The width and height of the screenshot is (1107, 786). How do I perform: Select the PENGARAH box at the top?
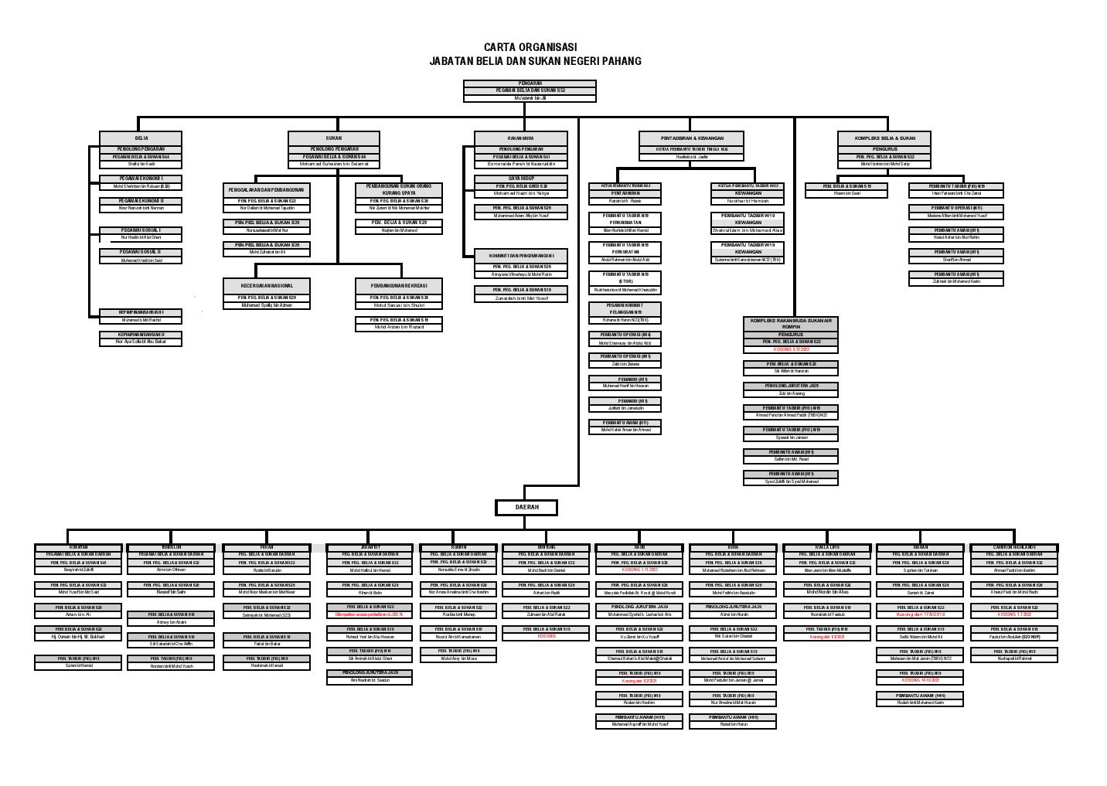tap(530, 83)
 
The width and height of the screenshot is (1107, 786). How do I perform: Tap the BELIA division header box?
tap(141, 138)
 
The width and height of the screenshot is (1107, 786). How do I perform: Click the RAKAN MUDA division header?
tap(521, 138)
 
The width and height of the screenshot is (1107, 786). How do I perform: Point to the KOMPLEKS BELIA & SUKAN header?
tap(884, 138)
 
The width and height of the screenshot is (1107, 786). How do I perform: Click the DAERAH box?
tap(526, 507)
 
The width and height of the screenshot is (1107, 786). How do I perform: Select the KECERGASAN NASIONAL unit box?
tap(267, 285)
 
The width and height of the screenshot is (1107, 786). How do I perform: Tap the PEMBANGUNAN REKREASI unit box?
tap(399, 285)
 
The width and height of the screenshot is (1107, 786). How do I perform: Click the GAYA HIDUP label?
tap(521, 179)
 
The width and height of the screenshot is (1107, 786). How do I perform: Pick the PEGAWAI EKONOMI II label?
tap(141, 201)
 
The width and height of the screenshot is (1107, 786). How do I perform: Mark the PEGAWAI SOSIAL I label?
tap(141, 230)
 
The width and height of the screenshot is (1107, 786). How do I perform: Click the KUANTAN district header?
tap(78, 547)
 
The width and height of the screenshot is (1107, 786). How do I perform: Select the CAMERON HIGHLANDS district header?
tap(1013, 547)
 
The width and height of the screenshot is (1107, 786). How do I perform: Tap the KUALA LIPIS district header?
tap(828, 547)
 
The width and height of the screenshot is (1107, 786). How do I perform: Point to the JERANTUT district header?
tap(369, 547)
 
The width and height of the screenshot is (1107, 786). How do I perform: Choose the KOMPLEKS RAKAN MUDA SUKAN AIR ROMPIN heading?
tap(791, 323)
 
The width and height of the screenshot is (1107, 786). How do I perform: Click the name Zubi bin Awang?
tap(791, 393)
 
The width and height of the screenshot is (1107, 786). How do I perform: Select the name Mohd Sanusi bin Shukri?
tap(399, 305)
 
